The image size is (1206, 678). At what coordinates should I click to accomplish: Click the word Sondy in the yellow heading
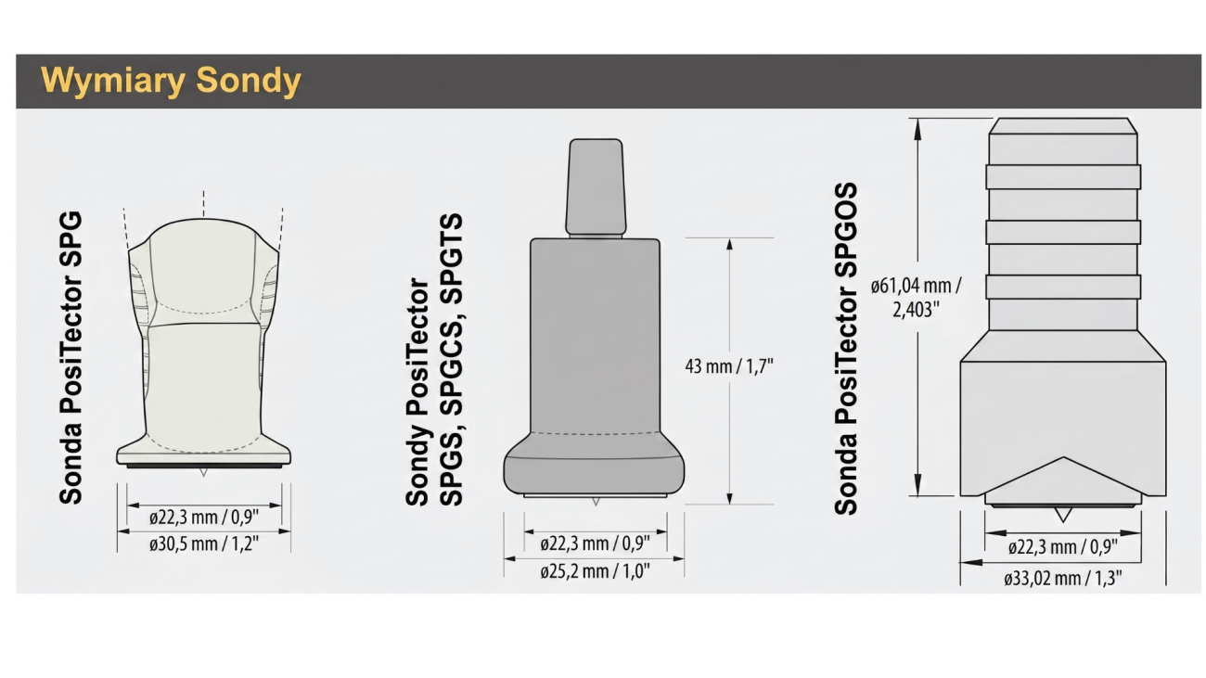(x=249, y=81)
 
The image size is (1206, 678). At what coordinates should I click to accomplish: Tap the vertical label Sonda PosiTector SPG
(x=71, y=358)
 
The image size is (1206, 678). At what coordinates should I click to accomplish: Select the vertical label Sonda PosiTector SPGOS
(x=846, y=349)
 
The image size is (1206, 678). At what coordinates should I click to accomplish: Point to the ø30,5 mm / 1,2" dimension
(x=204, y=544)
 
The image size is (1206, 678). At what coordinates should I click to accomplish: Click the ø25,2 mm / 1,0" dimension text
(x=595, y=571)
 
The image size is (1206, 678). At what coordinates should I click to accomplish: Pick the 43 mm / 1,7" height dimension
(x=729, y=366)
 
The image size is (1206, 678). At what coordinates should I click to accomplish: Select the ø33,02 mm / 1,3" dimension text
(x=1063, y=579)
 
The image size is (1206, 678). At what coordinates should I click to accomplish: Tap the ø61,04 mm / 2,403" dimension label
(x=916, y=297)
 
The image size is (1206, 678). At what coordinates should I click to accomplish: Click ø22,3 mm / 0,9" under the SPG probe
(x=204, y=518)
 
